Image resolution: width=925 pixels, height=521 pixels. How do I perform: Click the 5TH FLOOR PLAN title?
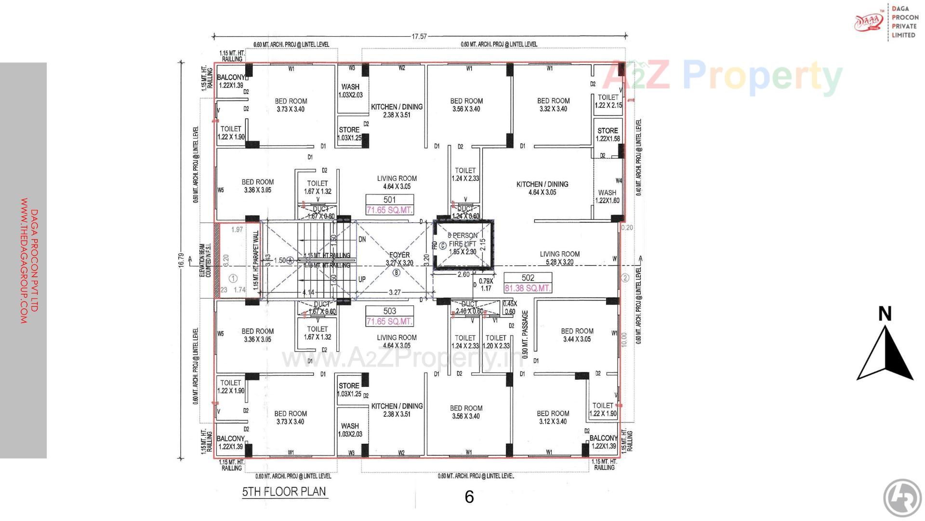[x=284, y=492]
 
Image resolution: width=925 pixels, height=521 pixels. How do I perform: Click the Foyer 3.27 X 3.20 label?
[x=399, y=259]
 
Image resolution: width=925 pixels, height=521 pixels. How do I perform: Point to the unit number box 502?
[x=528, y=278]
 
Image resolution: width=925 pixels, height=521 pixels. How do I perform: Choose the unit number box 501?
[x=389, y=200]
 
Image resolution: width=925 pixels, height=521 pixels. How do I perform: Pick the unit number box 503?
[x=389, y=311]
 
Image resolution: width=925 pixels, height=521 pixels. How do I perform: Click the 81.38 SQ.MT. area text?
[x=528, y=288]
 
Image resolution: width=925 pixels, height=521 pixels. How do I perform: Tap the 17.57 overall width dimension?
[x=419, y=36]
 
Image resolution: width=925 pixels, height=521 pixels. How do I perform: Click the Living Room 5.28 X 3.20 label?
[x=559, y=258]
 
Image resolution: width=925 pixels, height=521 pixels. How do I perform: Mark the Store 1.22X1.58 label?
[x=608, y=135]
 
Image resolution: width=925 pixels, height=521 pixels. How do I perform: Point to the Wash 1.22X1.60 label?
[x=607, y=196]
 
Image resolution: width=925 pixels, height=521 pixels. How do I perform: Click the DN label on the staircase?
[x=362, y=239]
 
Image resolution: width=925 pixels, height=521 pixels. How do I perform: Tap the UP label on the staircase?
[x=362, y=279]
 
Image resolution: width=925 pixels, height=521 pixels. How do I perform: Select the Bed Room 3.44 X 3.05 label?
[x=577, y=335]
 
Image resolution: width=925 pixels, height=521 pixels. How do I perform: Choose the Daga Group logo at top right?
[x=869, y=22]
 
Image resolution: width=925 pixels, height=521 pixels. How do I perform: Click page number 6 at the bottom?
[x=469, y=497]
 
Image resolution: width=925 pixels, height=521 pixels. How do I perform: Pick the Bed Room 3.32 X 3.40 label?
[x=553, y=105]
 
